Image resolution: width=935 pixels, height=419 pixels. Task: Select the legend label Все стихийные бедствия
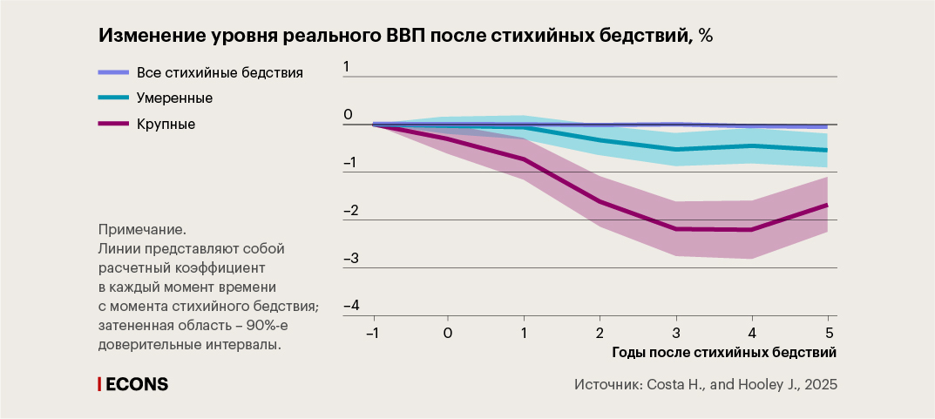click(x=220, y=72)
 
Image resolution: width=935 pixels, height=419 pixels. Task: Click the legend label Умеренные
click(x=175, y=98)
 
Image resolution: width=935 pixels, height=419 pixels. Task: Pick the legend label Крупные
click(x=166, y=124)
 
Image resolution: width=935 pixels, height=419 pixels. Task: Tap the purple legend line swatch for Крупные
click(x=112, y=124)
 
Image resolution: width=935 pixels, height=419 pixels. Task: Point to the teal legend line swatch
click(x=112, y=98)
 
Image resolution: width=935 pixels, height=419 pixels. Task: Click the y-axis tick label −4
click(x=351, y=306)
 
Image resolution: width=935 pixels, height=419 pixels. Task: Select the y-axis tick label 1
click(x=346, y=67)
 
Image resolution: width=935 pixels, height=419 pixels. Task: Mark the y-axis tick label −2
click(x=351, y=211)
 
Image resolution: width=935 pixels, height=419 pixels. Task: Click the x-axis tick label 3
click(x=675, y=333)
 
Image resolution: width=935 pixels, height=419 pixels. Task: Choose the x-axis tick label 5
click(x=829, y=333)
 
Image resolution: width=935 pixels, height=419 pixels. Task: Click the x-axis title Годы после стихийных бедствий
click(x=723, y=353)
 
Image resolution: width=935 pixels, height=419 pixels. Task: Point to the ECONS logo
click(x=132, y=384)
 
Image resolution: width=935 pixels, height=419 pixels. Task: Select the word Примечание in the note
click(x=142, y=230)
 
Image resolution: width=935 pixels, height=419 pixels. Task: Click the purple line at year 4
click(x=752, y=230)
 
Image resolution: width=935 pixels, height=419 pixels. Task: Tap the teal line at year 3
click(x=675, y=149)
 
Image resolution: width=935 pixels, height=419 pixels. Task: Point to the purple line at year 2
click(x=600, y=201)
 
